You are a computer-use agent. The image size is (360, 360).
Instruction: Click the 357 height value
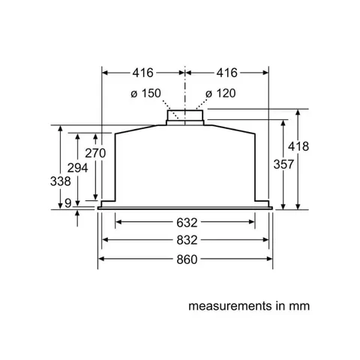click(x=283, y=165)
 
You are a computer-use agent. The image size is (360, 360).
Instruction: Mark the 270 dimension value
click(x=95, y=153)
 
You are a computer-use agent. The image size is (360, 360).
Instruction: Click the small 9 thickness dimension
click(x=68, y=202)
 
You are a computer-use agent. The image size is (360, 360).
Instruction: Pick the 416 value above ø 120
click(x=226, y=73)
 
